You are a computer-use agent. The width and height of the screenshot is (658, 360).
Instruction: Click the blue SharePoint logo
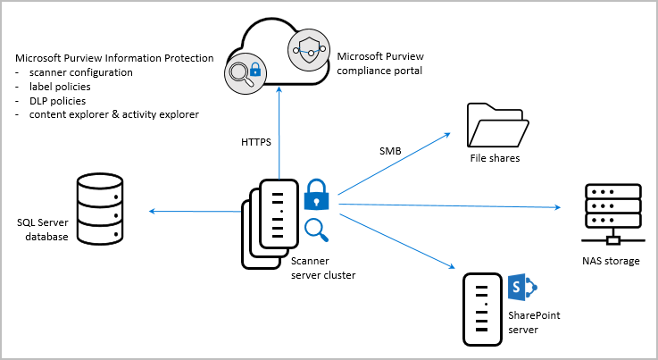click(520, 288)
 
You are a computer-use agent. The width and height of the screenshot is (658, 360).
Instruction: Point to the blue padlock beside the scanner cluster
click(317, 194)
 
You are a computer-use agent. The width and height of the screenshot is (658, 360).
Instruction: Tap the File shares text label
click(495, 159)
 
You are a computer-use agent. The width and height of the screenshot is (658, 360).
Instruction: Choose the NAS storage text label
click(611, 261)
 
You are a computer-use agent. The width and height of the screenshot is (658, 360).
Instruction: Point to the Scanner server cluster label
click(323, 268)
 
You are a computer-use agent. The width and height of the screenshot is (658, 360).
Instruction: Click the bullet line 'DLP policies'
click(52, 100)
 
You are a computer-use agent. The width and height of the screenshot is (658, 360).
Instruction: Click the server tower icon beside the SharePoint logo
click(481, 309)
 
